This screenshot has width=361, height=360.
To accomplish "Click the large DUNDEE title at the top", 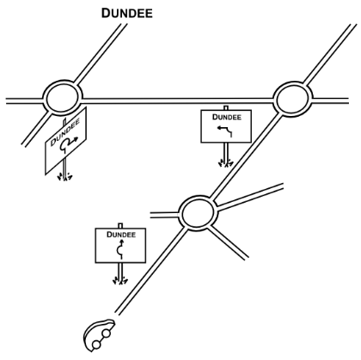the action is click(x=127, y=14).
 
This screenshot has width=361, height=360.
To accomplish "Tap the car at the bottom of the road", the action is click(x=99, y=335).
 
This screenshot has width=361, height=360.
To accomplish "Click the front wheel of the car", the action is click(x=107, y=333).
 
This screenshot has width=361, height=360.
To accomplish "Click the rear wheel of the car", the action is click(x=96, y=345).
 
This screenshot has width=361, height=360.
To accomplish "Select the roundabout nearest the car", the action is click(x=198, y=212).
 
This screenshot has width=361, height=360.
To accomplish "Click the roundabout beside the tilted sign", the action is click(x=63, y=97).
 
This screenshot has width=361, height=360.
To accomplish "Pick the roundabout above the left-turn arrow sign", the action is click(x=292, y=99).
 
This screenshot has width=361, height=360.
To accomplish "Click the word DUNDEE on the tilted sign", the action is click(x=65, y=132).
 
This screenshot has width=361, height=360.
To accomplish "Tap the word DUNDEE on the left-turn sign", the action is click(x=227, y=117).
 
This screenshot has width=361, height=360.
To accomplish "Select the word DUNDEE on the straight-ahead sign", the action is click(x=121, y=235).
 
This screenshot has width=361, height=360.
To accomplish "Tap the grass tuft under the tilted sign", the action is click(x=64, y=177).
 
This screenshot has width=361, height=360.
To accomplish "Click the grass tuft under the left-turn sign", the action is click(x=226, y=164).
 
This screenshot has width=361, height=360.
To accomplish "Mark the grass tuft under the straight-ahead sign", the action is click(x=120, y=281).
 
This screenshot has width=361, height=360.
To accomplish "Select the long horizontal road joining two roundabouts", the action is click(x=178, y=101).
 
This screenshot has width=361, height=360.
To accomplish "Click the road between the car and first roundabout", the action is click(x=151, y=271).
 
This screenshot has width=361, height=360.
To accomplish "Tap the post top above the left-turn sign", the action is click(x=226, y=107).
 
